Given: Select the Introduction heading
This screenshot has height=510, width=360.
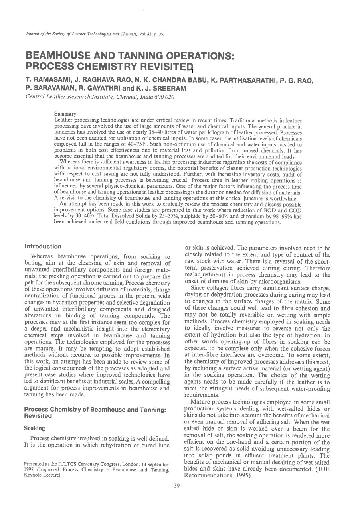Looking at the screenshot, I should [x=43, y=246].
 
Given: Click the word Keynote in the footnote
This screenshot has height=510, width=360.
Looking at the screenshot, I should [x=33, y=476].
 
